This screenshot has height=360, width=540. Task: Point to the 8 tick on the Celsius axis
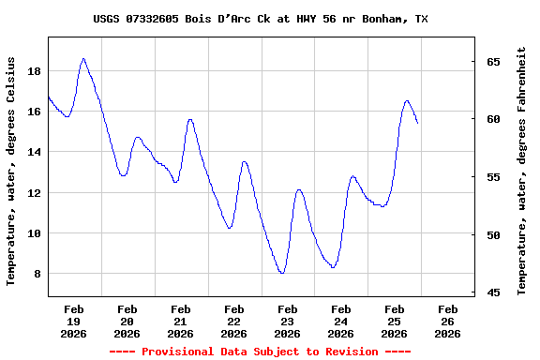(x=35, y=274)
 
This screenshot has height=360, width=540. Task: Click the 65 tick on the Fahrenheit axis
(x=493, y=62)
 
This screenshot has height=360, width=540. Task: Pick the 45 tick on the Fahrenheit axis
(x=493, y=292)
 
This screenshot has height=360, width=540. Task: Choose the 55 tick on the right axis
(x=493, y=177)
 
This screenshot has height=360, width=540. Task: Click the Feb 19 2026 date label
(x=73, y=321)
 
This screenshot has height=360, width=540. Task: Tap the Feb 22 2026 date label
(x=234, y=321)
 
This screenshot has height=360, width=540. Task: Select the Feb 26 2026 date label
(x=448, y=321)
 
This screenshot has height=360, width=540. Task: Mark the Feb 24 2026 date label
(x=341, y=321)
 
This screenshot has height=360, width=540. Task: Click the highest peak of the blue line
(x=83, y=58)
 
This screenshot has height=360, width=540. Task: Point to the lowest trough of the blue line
(x=282, y=273)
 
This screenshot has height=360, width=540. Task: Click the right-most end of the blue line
(x=417, y=123)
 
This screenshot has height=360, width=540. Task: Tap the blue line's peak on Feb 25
(x=407, y=100)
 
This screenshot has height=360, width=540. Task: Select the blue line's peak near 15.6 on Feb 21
(x=190, y=119)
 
